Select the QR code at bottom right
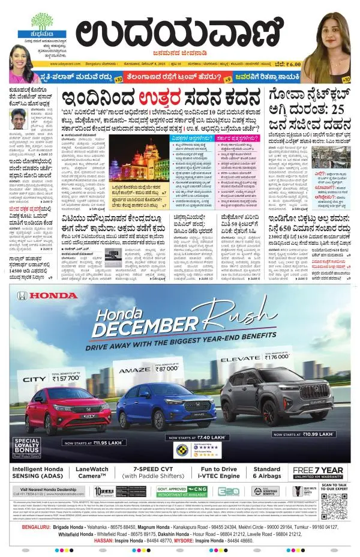point(334,506)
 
